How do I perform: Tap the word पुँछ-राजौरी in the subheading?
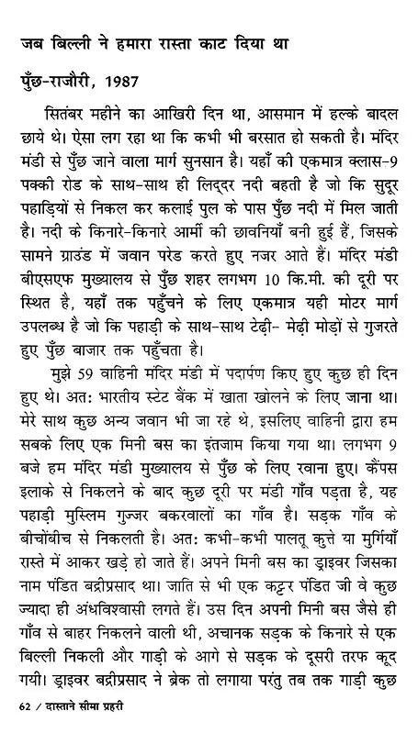(57, 82)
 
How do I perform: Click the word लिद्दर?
(191, 183)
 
